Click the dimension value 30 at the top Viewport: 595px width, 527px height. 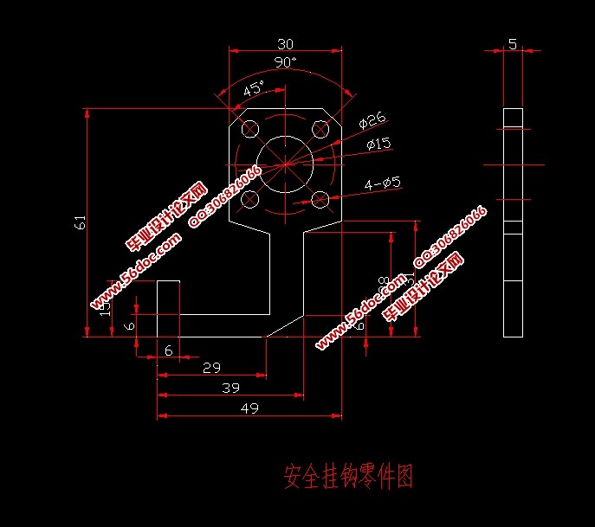pos(285,44)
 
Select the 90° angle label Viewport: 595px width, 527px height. pos(285,62)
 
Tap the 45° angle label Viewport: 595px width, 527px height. pos(253,89)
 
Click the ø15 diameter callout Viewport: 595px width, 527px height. pos(379,144)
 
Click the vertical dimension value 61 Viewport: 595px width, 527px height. pos(81,222)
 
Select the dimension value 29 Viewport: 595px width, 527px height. pos(210,368)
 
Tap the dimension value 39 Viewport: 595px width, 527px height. pos(230,389)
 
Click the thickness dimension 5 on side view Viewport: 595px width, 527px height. pos(513,44)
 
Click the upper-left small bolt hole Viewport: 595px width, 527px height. pos(251,130)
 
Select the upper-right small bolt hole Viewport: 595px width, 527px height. pos(320,130)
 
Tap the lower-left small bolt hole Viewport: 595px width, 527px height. pos(251,199)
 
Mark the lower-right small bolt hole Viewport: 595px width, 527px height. pos(320,199)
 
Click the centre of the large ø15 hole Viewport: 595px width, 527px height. pos(286,164)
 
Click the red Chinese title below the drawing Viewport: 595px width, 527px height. pos(348,475)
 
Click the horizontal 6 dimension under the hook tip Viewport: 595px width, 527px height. pos(168,350)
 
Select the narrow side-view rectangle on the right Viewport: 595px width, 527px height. pos(514,222)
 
